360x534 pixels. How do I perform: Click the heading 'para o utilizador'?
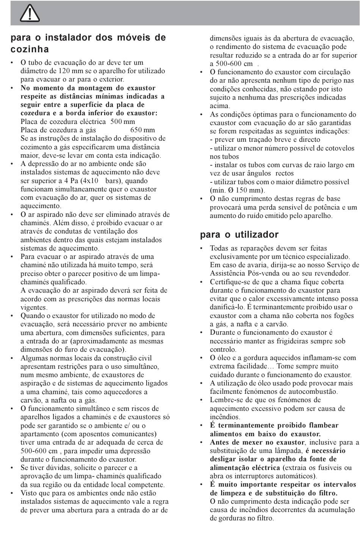click(239, 235)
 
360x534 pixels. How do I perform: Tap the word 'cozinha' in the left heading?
click(30, 49)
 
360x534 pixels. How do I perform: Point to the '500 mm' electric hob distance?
click(123, 122)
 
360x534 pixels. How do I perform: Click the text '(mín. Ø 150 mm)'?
click(237, 190)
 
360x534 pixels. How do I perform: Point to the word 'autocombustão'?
click(315, 391)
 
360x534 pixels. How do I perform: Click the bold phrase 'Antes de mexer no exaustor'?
click(257, 442)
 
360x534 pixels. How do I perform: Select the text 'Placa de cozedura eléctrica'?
click(63, 122)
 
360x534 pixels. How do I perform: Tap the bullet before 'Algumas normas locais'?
click(13, 358)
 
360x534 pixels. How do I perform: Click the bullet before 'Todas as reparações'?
click(202, 249)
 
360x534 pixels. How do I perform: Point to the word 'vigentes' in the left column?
click(34, 307)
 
